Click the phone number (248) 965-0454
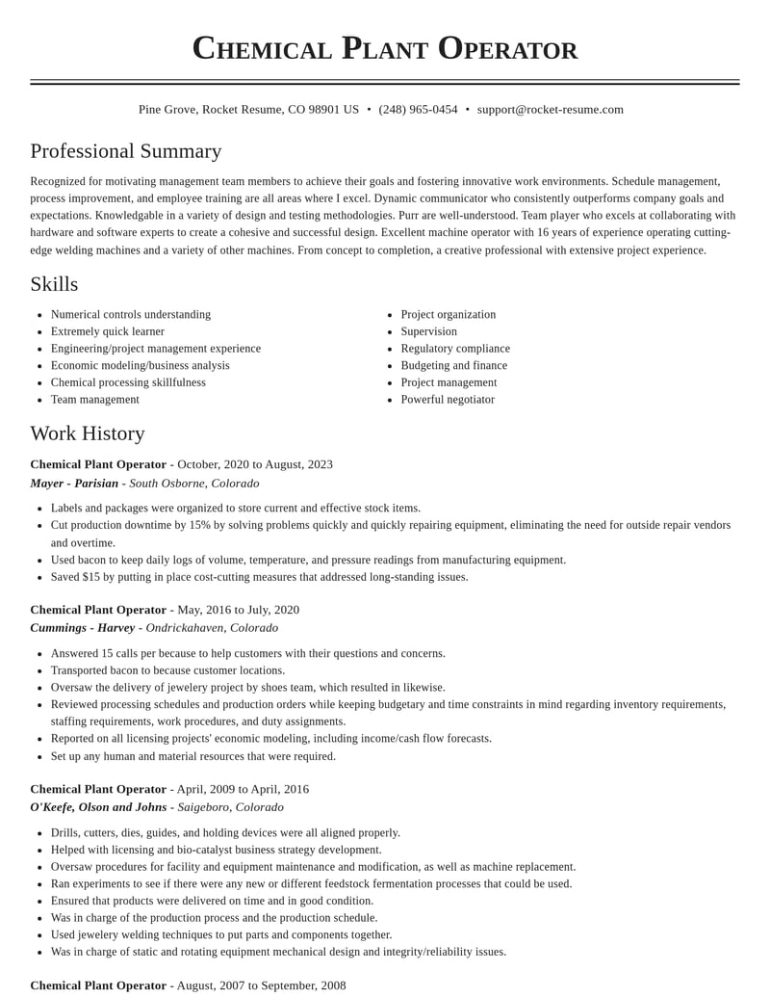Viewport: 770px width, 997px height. pos(418,110)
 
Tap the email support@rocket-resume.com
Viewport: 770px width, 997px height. pos(550,110)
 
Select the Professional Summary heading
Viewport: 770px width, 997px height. pos(126,151)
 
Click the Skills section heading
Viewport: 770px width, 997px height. pos(54,284)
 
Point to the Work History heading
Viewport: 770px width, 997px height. pos(88,433)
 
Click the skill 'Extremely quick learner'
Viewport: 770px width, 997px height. pos(108,331)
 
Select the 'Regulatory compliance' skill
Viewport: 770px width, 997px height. pos(455,349)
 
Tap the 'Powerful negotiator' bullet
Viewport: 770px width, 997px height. pos(448,400)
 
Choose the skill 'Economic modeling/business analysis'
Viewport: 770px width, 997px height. pos(141,366)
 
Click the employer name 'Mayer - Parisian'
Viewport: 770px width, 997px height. pos(74,484)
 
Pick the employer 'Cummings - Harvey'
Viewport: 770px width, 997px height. pos(83,628)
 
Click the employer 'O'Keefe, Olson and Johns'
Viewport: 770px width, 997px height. pos(98,807)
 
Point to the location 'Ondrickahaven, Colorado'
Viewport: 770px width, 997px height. pos(212,628)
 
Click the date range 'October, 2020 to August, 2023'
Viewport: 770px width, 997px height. pos(255,464)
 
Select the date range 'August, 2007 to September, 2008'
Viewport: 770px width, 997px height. pos(261,985)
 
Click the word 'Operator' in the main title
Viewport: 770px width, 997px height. pos(508,48)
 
